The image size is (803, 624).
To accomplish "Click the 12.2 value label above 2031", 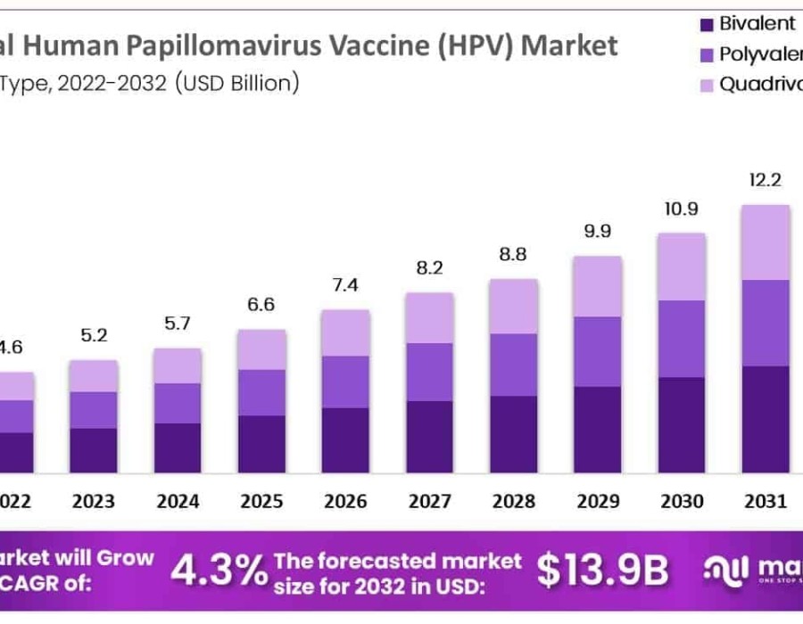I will click(766, 180).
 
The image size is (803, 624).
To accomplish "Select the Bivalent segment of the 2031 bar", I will click(766, 418).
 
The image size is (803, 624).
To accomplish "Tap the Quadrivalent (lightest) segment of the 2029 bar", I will click(597, 286).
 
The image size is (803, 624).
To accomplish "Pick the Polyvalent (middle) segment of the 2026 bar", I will click(345, 382).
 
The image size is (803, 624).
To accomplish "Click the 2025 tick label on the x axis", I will click(261, 501).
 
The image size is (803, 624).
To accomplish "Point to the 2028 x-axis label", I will click(513, 501).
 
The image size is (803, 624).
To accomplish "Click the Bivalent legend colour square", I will click(707, 24).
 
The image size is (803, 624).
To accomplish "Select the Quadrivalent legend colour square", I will click(707, 86).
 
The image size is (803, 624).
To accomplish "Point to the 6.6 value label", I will click(261, 305).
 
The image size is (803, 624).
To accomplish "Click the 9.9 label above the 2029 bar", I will click(597, 232).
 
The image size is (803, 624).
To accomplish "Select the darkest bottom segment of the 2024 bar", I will click(178, 447).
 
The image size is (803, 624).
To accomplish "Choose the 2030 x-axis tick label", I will click(682, 501).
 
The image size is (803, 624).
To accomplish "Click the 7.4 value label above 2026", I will click(345, 285).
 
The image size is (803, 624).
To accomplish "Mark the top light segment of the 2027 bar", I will click(429, 317).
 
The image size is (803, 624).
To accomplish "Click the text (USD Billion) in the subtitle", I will click(236, 84).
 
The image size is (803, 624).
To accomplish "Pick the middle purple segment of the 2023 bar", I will click(94, 409).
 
